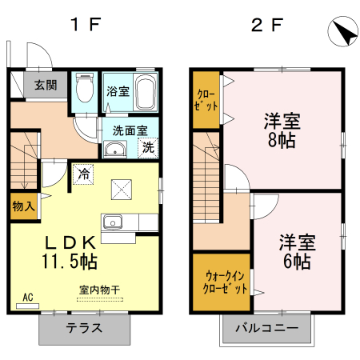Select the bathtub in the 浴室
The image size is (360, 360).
coord(146,93)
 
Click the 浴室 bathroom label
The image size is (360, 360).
coord(118,90)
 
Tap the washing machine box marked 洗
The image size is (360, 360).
coord(148,146)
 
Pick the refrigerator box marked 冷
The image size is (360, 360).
coord(83,171)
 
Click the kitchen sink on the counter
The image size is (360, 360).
coord(111,221)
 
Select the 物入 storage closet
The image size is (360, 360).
coord(23,206)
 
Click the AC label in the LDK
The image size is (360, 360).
coord(27,298)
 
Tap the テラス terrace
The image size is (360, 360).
coord(83,328)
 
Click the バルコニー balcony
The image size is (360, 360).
coord(266,329)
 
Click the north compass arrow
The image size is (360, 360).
coord(342,34)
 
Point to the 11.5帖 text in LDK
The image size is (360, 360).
coord(70,262)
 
